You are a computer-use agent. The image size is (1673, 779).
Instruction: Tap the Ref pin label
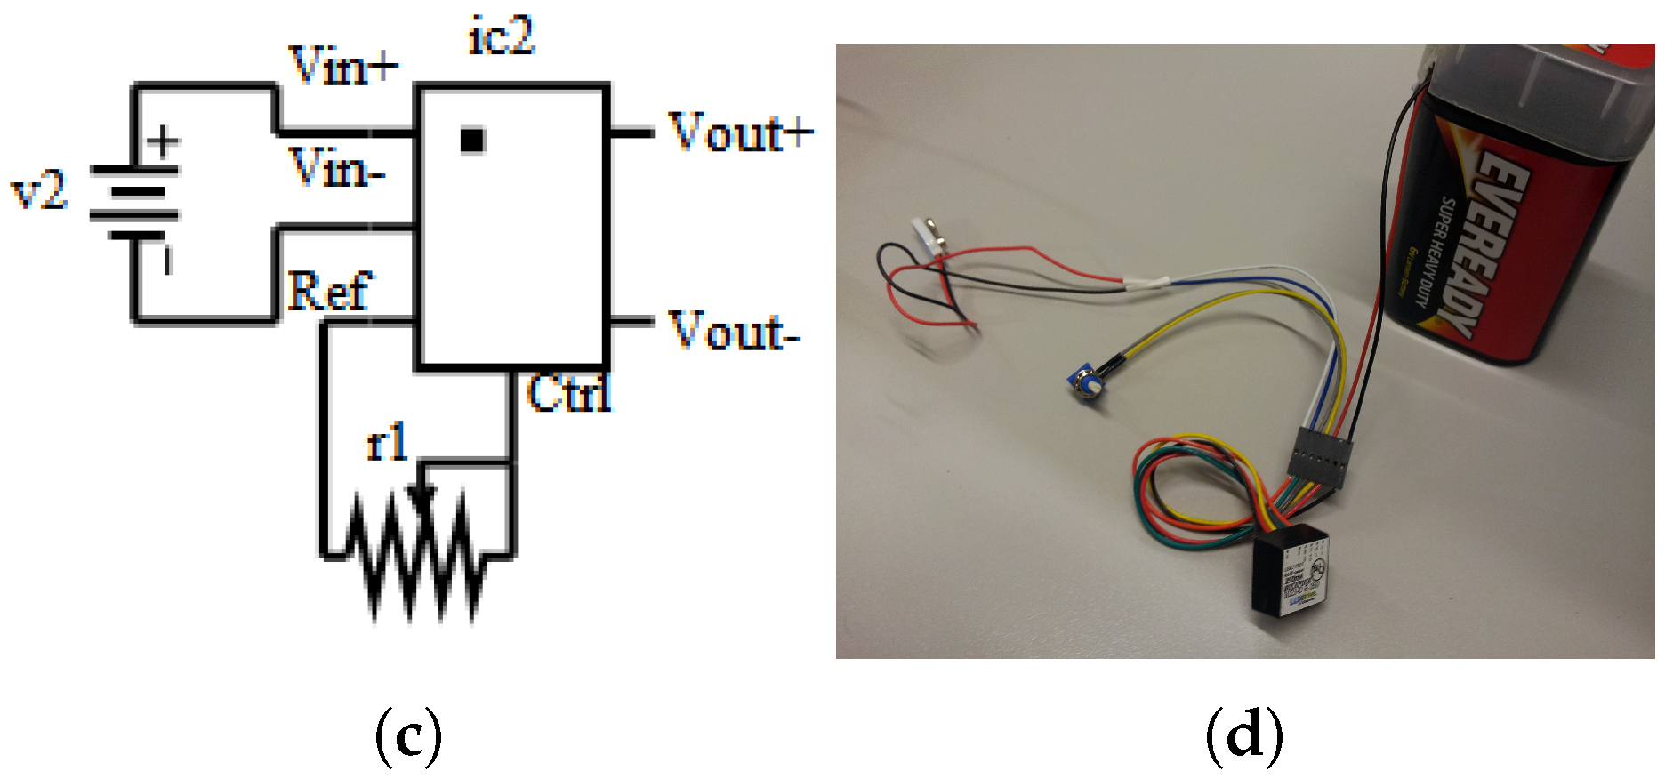[x=327, y=291]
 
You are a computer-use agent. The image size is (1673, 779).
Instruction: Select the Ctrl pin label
[x=568, y=392]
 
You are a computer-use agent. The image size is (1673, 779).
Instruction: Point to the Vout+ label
[x=740, y=133]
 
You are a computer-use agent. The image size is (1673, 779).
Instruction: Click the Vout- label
[x=734, y=332]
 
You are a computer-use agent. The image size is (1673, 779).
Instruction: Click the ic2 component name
[x=502, y=36]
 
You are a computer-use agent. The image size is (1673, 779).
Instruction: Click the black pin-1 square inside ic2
[x=472, y=141]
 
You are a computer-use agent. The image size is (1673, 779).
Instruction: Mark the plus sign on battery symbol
[x=163, y=141]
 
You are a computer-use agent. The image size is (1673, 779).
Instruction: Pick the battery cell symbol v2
[x=134, y=203]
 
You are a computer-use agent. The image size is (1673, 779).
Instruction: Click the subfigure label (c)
[x=408, y=735]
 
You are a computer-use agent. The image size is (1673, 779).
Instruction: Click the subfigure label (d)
[x=1244, y=735]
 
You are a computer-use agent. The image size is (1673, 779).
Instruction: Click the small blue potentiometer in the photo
[x=1084, y=383]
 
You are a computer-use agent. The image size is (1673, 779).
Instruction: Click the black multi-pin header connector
[x=1319, y=456]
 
